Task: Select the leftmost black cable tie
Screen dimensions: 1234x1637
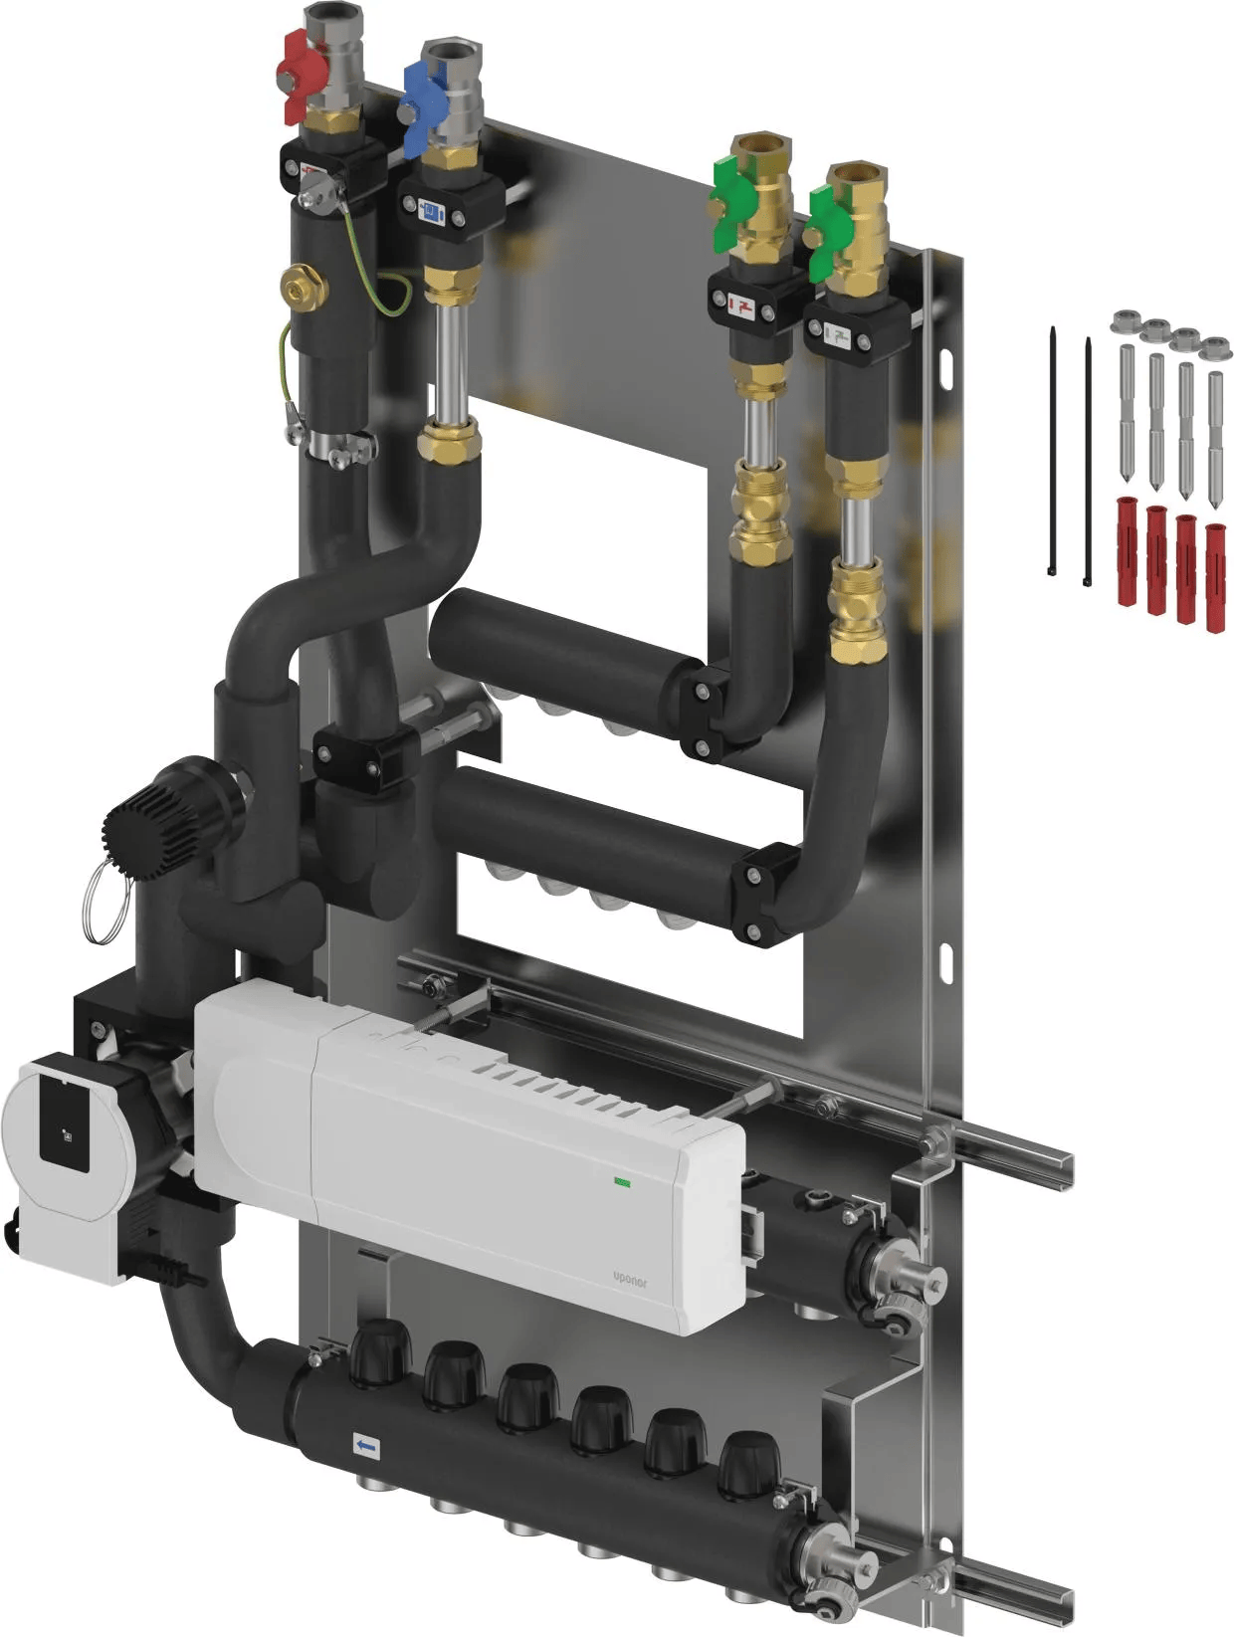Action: [1052, 451]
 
